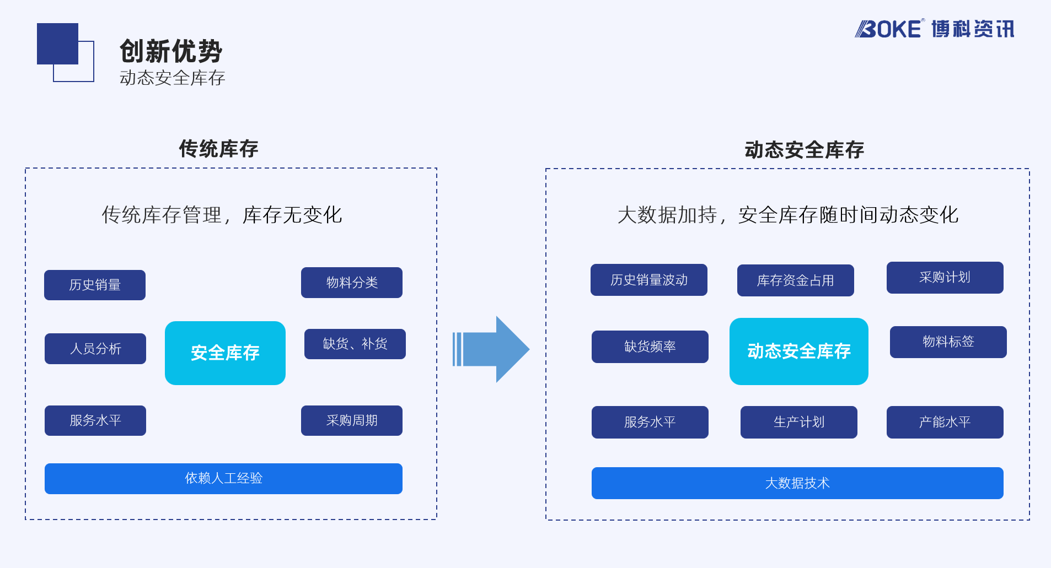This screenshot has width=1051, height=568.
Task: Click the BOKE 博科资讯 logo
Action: coord(935,29)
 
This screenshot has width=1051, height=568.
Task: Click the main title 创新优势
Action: coord(171,51)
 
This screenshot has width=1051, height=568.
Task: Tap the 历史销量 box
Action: coord(95,285)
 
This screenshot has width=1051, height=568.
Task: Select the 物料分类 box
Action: coord(352,283)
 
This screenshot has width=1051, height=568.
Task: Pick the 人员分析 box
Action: coord(95,349)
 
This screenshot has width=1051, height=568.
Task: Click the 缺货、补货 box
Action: coord(355,344)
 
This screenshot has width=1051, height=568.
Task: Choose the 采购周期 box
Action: coord(352,420)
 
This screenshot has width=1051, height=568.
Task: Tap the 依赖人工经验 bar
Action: coord(223,479)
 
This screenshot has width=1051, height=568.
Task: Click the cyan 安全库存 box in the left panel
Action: coord(225,353)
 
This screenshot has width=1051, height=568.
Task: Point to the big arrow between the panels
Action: coord(491,349)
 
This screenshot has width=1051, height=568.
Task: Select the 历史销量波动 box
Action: coord(649,280)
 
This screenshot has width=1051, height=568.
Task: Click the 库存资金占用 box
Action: coord(796,280)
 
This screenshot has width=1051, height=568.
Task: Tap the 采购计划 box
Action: coord(945,278)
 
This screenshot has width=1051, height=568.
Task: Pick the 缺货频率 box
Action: coord(650,347)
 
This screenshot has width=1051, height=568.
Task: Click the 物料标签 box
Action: coord(948,342)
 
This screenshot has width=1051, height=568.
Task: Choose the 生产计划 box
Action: coord(799,422)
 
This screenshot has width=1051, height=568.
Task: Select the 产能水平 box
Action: coord(945,422)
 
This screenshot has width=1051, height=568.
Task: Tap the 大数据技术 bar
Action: coord(797,483)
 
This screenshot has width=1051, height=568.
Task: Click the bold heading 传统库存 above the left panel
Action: coord(219,149)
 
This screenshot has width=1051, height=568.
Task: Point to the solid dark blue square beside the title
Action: coord(57,44)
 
